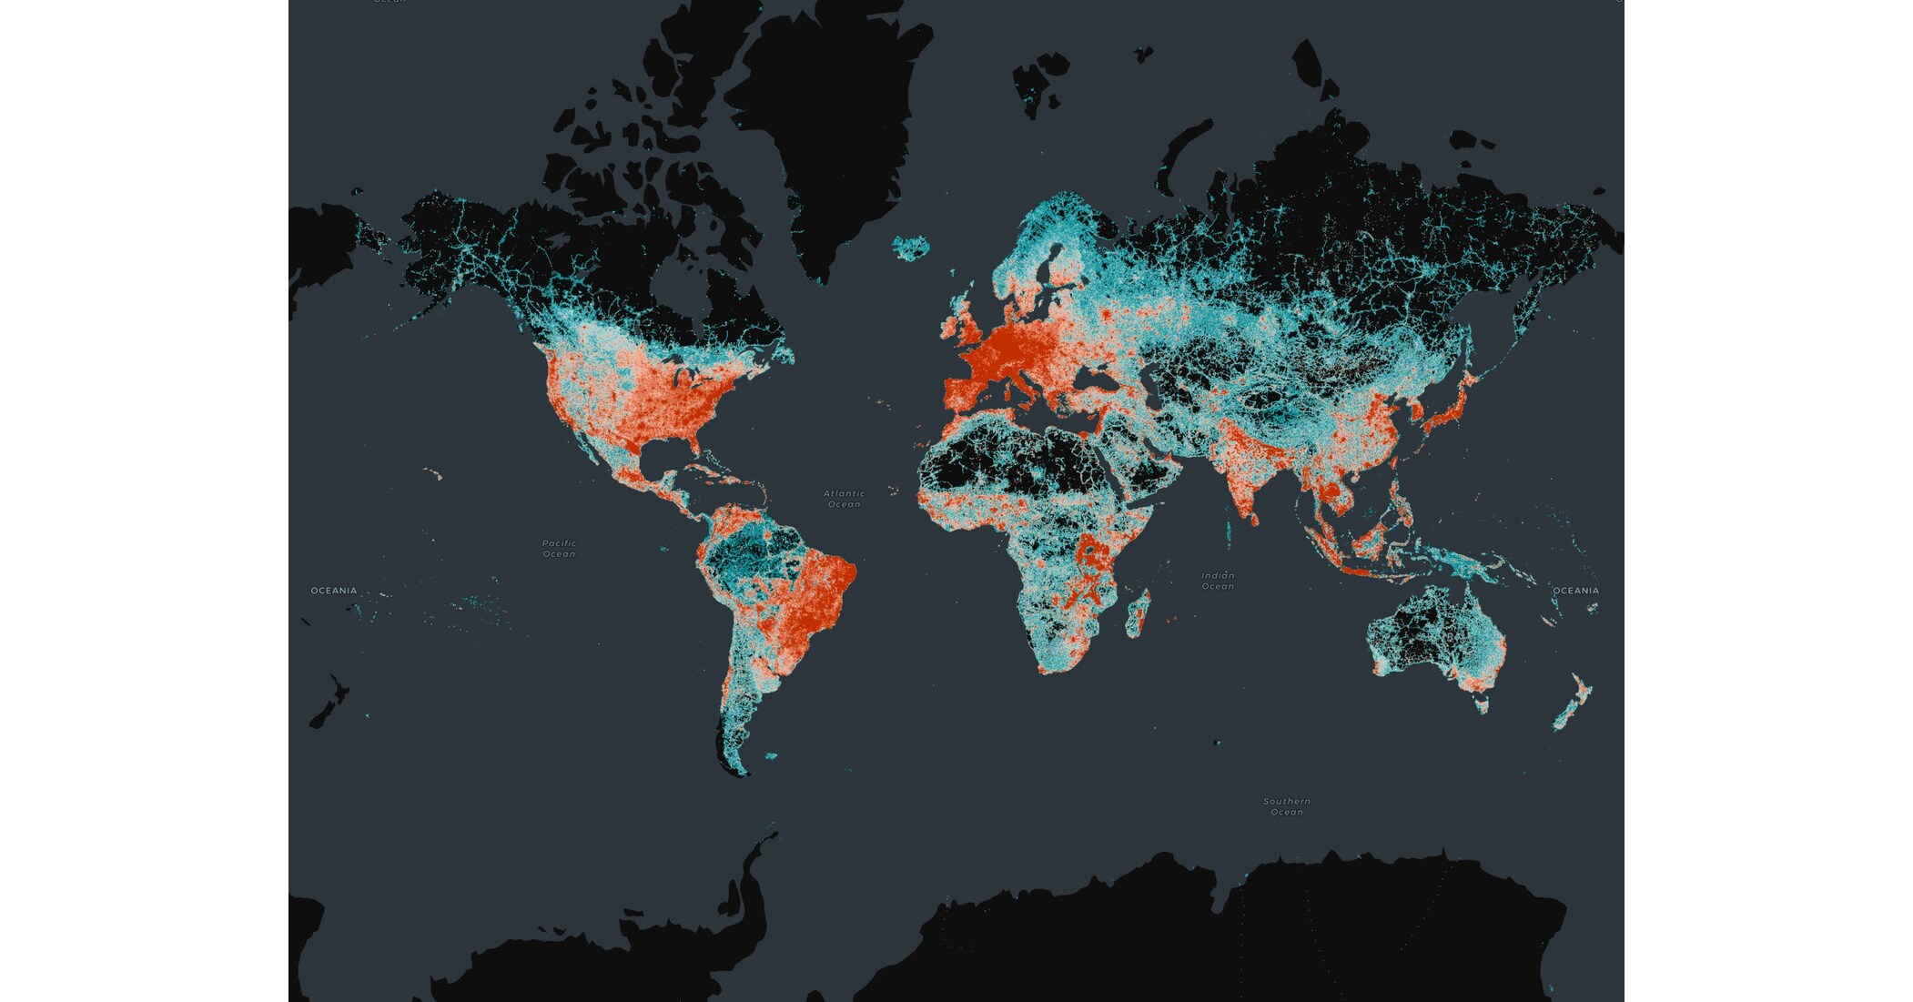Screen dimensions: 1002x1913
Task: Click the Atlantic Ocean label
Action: pos(844,499)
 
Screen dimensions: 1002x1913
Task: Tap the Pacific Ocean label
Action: pos(559,548)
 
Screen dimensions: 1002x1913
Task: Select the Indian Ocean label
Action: pos(1218,581)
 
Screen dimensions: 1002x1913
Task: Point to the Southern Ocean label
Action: pos(1287,806)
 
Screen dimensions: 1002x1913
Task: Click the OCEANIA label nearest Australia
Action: pos(1575,591)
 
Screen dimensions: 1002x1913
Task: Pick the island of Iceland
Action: pos(911,247)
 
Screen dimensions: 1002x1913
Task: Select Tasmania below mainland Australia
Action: pos(1483,703)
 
